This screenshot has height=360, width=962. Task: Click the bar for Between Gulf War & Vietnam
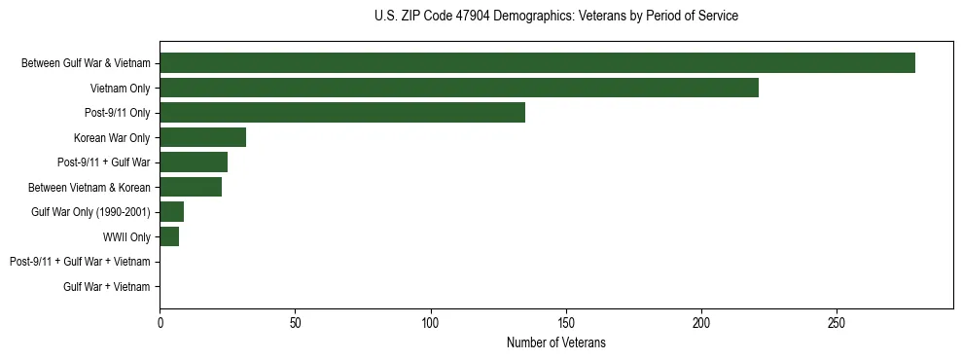pos(537,63)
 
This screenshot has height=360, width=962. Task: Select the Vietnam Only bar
pos(459,88)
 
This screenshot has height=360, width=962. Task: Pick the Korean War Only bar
pos(202,137)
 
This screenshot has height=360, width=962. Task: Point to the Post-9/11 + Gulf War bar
pos(194,162)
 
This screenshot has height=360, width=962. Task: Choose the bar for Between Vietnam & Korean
pos(191,187)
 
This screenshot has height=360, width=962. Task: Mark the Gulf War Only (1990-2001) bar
pos(172,212)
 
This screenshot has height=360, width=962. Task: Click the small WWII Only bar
pos(169,236)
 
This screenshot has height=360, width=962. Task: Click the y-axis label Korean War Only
pos(112,138)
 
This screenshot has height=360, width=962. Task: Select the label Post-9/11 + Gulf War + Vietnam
pos(80,262)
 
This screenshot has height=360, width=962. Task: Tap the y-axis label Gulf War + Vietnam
pos(107,287)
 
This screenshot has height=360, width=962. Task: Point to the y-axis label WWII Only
pos(126,237)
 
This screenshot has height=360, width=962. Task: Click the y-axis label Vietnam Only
pos(120,89)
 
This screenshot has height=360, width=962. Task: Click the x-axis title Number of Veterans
pos(555,342)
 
